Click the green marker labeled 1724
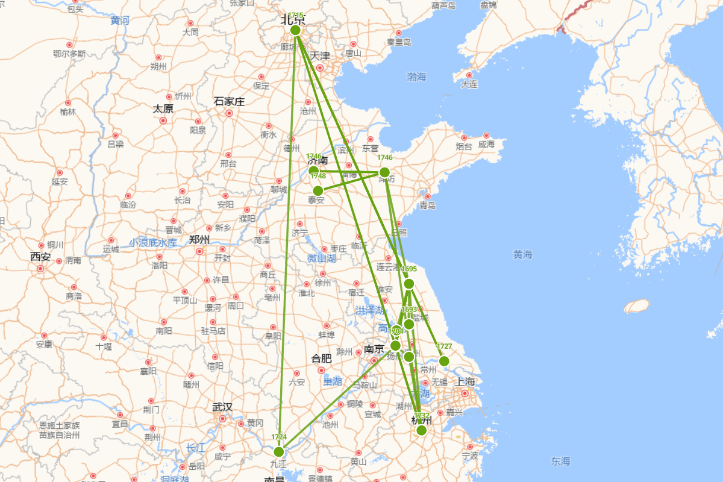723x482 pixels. [278, 451]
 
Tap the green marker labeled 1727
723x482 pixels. [444, 361]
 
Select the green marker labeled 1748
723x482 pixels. [318, 190]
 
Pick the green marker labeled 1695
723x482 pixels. [409, 283]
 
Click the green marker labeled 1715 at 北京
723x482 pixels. [295, 30]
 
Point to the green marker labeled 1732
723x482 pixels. [422, 430]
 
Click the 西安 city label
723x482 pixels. [41, 256]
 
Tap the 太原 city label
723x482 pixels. [163, 109]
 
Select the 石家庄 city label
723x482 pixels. [229, 101]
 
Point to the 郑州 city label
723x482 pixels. [199, 239]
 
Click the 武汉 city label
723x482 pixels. [222, 407]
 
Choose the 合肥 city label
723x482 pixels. [321, 358]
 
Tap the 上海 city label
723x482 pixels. [465, 381]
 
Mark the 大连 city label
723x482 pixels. [469, 84]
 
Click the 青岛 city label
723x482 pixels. [427, 205]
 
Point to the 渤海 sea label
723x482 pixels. [416, 77]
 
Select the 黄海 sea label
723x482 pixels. [523, 255]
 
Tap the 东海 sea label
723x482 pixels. [560, 461]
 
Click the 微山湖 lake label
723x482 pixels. [321, 258]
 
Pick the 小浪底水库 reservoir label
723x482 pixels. [153, 242]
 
